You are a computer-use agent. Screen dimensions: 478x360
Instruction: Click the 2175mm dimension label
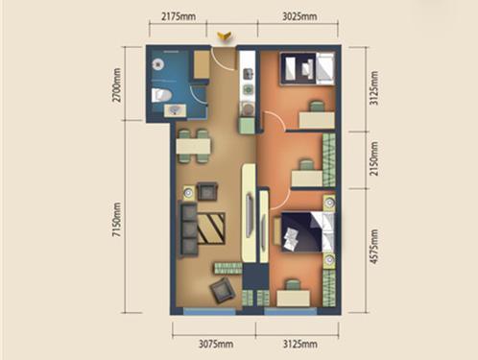(x=179, y=15)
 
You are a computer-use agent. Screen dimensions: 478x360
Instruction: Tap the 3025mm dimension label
(x=299, y=15)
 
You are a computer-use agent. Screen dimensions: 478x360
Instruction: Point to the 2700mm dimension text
(x=117, y=84)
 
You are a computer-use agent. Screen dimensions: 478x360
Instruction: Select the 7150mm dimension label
(x=117, y=220)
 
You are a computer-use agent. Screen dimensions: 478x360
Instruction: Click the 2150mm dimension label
(x=373, y=158)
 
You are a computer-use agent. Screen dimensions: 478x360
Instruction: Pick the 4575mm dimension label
(x=373, y=247)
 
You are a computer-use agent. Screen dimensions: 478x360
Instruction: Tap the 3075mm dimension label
(x=216, y=344)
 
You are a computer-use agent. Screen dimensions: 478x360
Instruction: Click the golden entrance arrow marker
(x=224, y=36)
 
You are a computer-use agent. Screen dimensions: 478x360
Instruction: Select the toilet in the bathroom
(x=161, y=95)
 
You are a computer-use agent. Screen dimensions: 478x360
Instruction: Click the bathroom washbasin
(x=175, y=110)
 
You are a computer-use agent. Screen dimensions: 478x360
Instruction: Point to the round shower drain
(x=158, y=65)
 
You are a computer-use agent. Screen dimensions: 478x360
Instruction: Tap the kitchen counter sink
(x=249, y=74)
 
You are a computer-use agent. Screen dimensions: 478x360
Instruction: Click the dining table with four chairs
(x=193, y=146)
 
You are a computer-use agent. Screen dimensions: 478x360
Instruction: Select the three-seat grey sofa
(x=188, y=228)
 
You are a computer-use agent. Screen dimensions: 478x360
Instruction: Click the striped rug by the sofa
(x=211, y=228)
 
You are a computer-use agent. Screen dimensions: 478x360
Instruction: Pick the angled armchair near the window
(x=223, y=290)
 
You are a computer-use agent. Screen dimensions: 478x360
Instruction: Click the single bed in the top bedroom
(x=307, y=68)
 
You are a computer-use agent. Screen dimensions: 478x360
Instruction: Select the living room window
(x=209, y=311)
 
